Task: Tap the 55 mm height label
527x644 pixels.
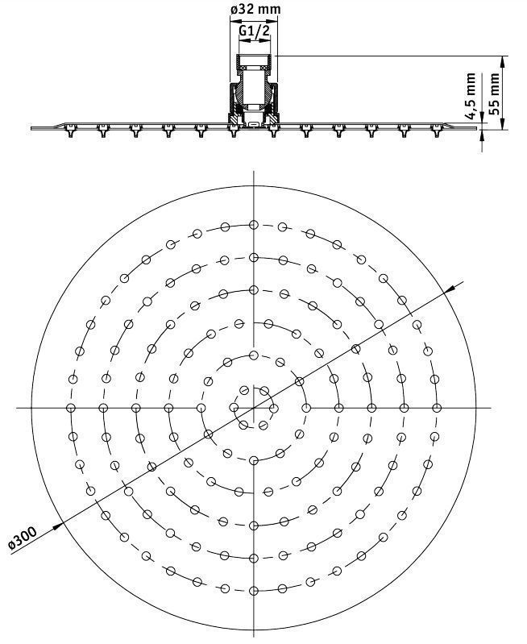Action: point(496,92)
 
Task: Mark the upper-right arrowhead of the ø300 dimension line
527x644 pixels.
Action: point(462,283)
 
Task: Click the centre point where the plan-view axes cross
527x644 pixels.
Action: point(254,408)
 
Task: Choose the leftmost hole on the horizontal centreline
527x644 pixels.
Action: point(71,408)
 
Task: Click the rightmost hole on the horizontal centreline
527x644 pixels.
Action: point(437,408)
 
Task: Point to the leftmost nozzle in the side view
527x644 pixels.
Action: point(68,129)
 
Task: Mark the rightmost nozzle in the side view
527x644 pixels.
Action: point(438,129)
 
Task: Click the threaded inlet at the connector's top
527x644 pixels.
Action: point(255,60)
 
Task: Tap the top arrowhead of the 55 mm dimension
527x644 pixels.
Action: point(504,59)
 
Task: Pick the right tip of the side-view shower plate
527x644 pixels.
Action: point(479,127)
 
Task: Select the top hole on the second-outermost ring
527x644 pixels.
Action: point(254,258)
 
